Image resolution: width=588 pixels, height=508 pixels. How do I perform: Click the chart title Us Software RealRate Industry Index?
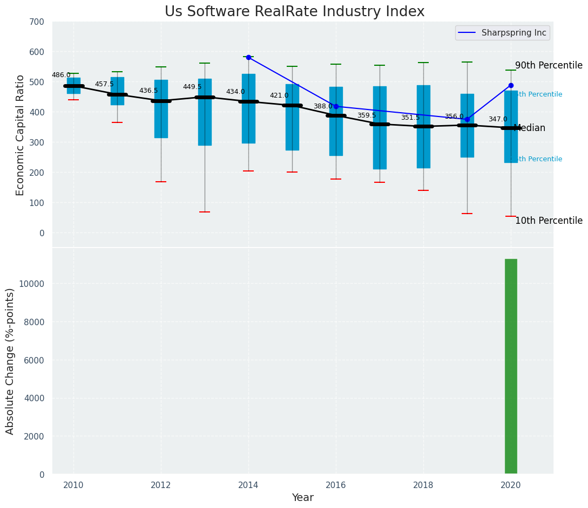pos(294,12)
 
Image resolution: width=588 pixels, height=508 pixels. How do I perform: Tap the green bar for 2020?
pos(511,366)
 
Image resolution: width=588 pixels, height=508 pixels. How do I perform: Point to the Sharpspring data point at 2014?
pos(248,57)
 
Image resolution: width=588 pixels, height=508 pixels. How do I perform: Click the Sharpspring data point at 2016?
pos(336,106)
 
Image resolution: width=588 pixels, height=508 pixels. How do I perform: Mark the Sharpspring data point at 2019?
pos(467,120)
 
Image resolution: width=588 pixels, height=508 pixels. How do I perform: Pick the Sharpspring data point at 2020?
pos(511,85)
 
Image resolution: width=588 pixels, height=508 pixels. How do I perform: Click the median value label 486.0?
pos(61,75)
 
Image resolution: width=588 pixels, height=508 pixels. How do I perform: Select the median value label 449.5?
pos(192,87)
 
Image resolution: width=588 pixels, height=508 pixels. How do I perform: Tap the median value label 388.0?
pos(323,106)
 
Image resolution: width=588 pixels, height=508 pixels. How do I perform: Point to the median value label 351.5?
pos(410,118)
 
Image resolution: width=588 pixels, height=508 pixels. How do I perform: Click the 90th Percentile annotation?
pos(549,66)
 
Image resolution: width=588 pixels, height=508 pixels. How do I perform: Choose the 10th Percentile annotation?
pos(549,221)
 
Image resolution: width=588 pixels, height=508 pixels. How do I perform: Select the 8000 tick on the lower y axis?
pos(34,322)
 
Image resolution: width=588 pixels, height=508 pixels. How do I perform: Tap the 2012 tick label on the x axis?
pos(161,485)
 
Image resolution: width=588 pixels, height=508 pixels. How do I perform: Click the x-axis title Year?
pos(303,498)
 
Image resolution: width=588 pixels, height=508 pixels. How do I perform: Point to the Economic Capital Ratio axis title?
pos(21,135)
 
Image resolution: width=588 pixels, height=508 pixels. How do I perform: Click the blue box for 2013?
pos(205,112)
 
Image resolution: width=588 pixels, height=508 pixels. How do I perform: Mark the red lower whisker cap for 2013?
pos(205,212)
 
